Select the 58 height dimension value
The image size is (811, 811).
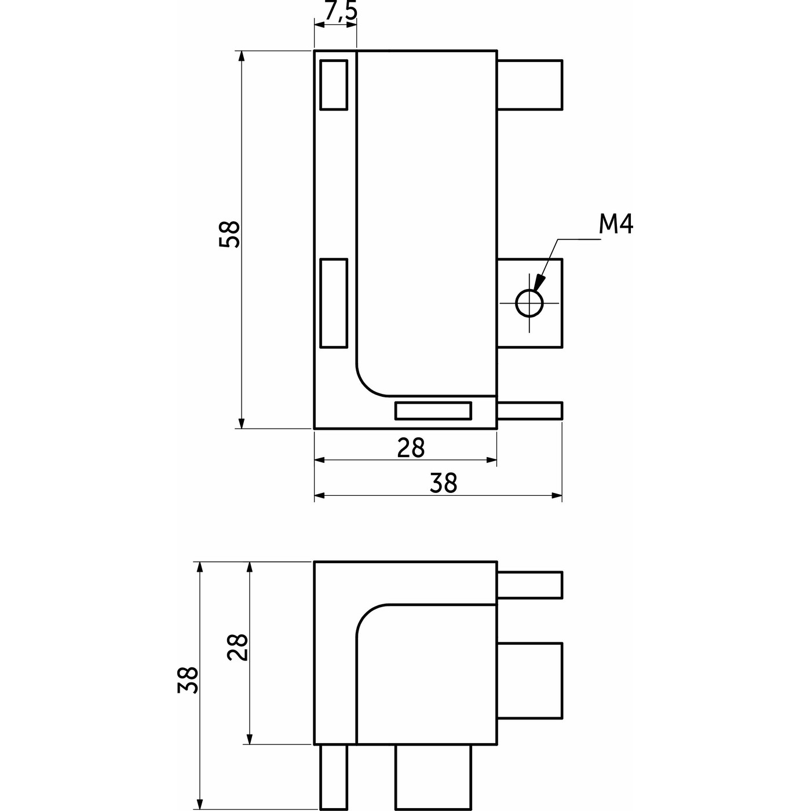230,234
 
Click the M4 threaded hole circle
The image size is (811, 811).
529,303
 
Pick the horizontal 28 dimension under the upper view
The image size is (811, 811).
411,448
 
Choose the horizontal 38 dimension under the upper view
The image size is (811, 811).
444,483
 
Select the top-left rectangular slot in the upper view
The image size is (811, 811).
334,85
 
